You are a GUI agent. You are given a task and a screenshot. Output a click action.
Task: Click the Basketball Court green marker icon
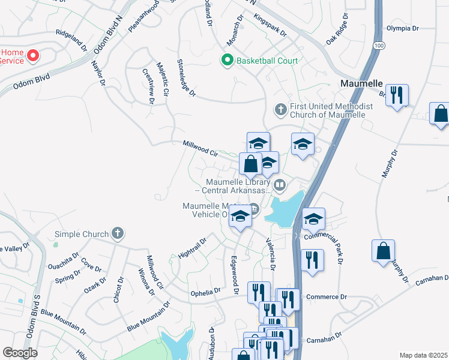(x=228, y=60)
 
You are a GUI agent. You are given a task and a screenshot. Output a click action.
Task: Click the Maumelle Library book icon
(x=279, y=185)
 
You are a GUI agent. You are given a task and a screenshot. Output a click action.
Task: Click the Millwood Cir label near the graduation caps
(x=200, y=148)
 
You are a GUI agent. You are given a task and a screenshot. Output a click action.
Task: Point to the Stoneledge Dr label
(x=187, y=78)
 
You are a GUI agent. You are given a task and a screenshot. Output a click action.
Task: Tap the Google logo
(x=20, y=352)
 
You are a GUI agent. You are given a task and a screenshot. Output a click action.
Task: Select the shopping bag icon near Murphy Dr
(x=383, y=251)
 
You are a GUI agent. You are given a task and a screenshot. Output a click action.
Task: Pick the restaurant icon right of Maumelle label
(x=397, y=95)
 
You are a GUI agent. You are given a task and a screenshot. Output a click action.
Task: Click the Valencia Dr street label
(x=271, y=255)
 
